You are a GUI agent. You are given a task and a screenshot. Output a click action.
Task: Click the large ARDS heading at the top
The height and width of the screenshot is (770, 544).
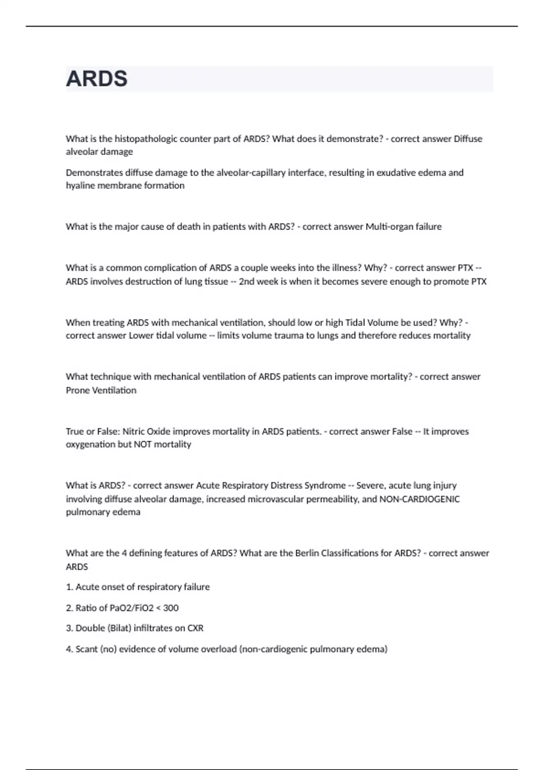(x=97, y=79)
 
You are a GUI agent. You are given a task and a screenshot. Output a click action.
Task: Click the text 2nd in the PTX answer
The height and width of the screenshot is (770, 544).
(x=247, y=281)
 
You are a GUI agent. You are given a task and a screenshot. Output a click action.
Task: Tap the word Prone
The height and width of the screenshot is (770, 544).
(x=78, y=390)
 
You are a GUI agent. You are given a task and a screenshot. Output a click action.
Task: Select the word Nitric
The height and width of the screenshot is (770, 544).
(x=134, y=431)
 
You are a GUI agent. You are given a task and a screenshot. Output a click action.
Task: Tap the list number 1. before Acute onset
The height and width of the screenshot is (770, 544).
(x=69, y=587)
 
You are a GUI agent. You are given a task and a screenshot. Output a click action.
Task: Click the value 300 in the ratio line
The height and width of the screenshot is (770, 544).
(x=171, y=608)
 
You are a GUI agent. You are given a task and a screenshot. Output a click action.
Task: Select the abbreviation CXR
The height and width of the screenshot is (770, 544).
(x=195, y=628)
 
